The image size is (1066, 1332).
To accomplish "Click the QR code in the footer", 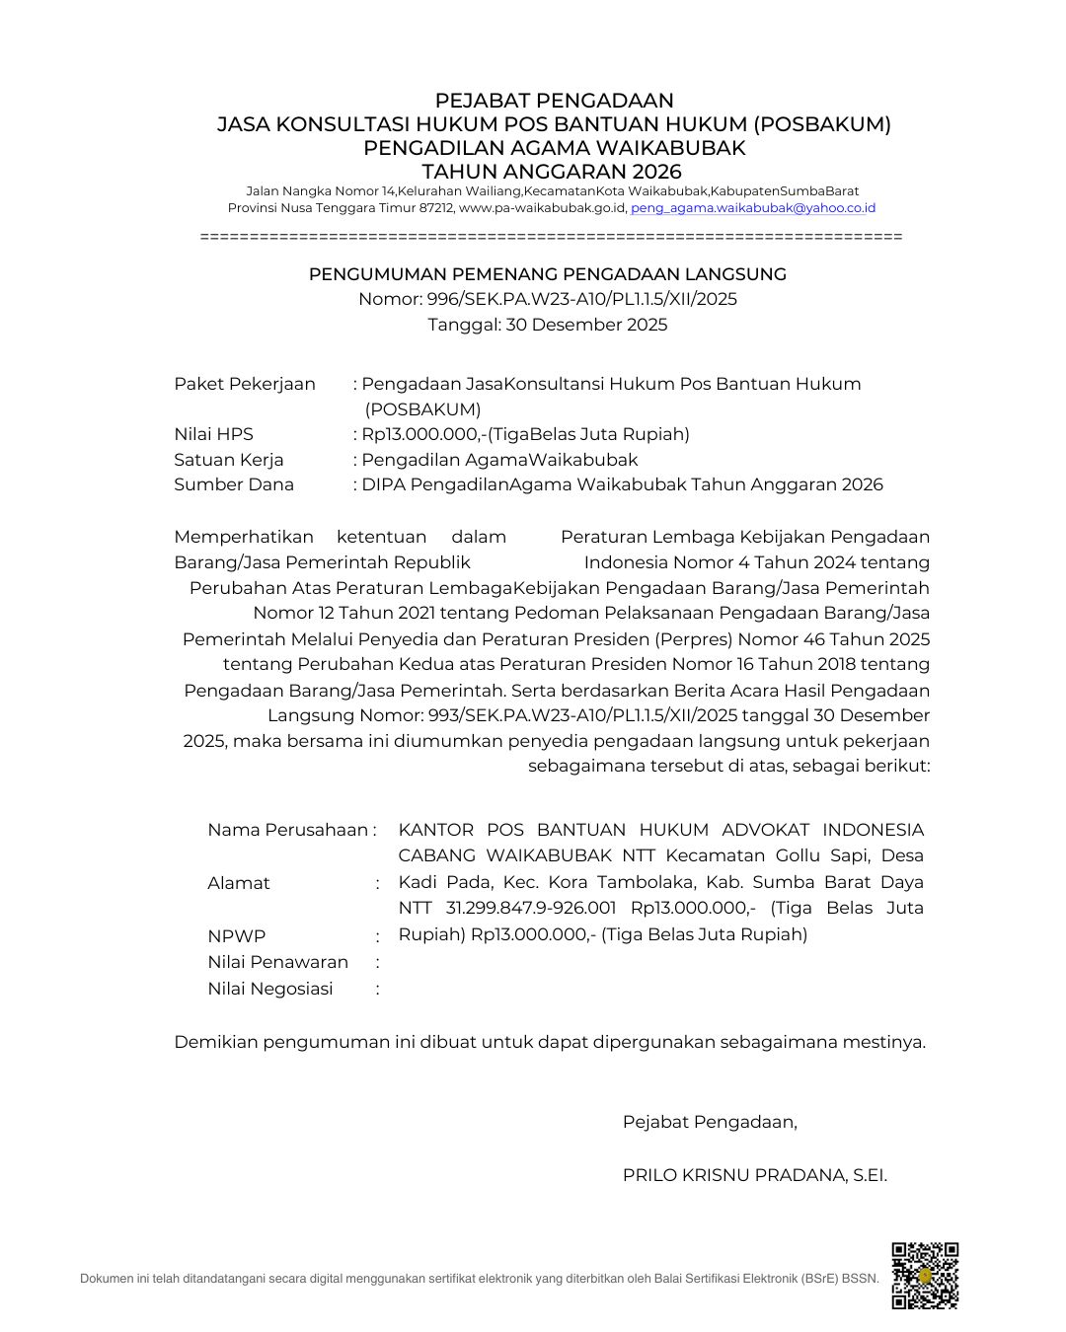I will [925, 1275].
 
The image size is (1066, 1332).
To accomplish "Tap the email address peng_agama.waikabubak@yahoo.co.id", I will [753, 208].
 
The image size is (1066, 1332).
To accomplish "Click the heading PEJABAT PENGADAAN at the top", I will [554, 101].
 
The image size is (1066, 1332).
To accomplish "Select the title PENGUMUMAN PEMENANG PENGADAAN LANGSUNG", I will [547, 274].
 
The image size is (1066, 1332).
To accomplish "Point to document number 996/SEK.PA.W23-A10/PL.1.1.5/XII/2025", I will [581, 299].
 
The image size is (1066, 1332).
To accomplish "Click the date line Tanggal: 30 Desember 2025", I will [547, 325].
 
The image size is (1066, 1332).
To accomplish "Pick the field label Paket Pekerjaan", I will [245, 384].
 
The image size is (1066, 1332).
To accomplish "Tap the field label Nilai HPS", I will [213, 434].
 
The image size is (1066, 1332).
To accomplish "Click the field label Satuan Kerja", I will [229, 460].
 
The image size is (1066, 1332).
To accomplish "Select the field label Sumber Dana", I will [234, 484].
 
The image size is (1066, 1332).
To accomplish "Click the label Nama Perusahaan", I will [287, 830].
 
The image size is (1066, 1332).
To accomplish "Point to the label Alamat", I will [238, 883].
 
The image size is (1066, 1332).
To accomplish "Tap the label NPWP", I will [236, 936].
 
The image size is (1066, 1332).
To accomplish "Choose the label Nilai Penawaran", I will [277, 962].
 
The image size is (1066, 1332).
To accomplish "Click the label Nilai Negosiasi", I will [269, 989].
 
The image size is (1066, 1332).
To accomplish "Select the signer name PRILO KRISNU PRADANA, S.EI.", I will [754, 1175].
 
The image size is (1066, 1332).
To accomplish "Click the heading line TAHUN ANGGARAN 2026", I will [552, 172].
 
